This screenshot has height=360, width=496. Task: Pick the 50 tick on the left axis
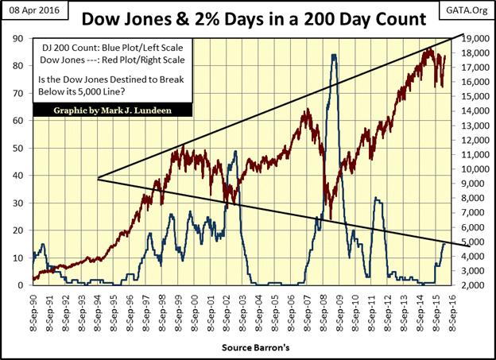pos(17,148)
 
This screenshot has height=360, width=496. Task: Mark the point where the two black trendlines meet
pos(97,178)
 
